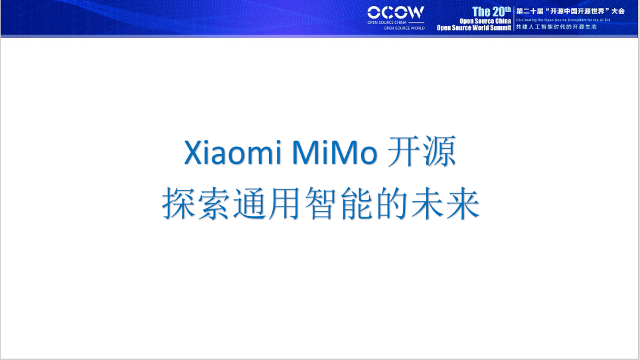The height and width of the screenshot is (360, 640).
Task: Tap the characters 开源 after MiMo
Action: click(x=422, y=153)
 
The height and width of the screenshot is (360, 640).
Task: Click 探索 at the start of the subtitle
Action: click(x=197, y=205)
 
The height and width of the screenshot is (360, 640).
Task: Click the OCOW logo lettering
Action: click(x=396, y=13)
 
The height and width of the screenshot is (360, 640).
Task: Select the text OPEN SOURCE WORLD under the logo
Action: click(x=404, y=29)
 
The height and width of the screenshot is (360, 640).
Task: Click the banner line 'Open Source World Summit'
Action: click(x=473, y=28)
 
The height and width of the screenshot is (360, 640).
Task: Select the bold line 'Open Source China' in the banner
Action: click(x=485, y=21)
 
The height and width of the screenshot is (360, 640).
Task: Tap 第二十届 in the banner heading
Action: click(x=528, y=11)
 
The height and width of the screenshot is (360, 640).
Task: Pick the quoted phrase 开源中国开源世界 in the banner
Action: click(x=573, y=11)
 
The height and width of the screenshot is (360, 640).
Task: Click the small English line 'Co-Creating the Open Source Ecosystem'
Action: click(x=558, y=20)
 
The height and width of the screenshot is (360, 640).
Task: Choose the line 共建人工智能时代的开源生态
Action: click(x=556, y=27)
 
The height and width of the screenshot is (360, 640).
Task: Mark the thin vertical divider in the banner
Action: click(x=514, y=19)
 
